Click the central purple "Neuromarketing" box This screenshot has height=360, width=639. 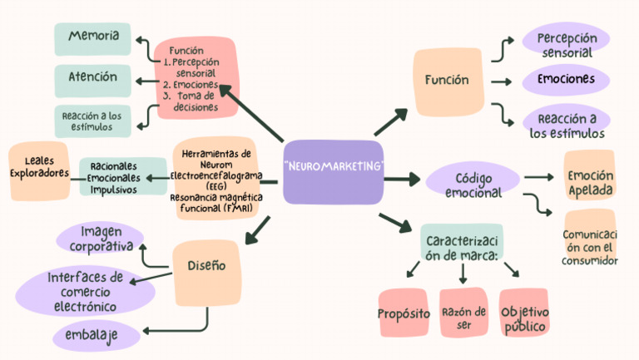pyautogui.click(x=333, y=171)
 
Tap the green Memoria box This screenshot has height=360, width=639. pyautogui.click(x=92, y=38)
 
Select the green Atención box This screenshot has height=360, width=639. pyautogui.click(x=92, y=80)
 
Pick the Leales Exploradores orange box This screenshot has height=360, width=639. pyautogui.click(x=38, y=166)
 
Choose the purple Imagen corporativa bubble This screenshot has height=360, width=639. pyautogui.click(x=101, y=239)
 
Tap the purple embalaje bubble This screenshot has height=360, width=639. pyautogui.click(x=94, y=335)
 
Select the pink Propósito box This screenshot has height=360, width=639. pyautogui.click(x=404, y=313)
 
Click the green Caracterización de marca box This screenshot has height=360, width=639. pyautogui.click(x=462, y=247)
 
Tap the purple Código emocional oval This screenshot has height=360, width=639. pyautogui.click(x=473, y=184)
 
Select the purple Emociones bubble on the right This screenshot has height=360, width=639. pyautogui.click(x=566, y=80)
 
